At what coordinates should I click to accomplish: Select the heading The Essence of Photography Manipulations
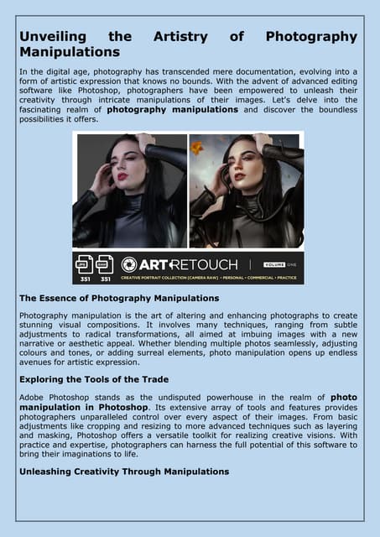pyautogui.click(x=118, y=298)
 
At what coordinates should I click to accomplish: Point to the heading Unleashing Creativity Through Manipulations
pyautogui.click(x=123, y=472)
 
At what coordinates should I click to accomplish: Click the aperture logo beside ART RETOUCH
pyautogui.click(x=129, y=264)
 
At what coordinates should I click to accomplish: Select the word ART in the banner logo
pyautogui.click(x=154, y=264)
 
